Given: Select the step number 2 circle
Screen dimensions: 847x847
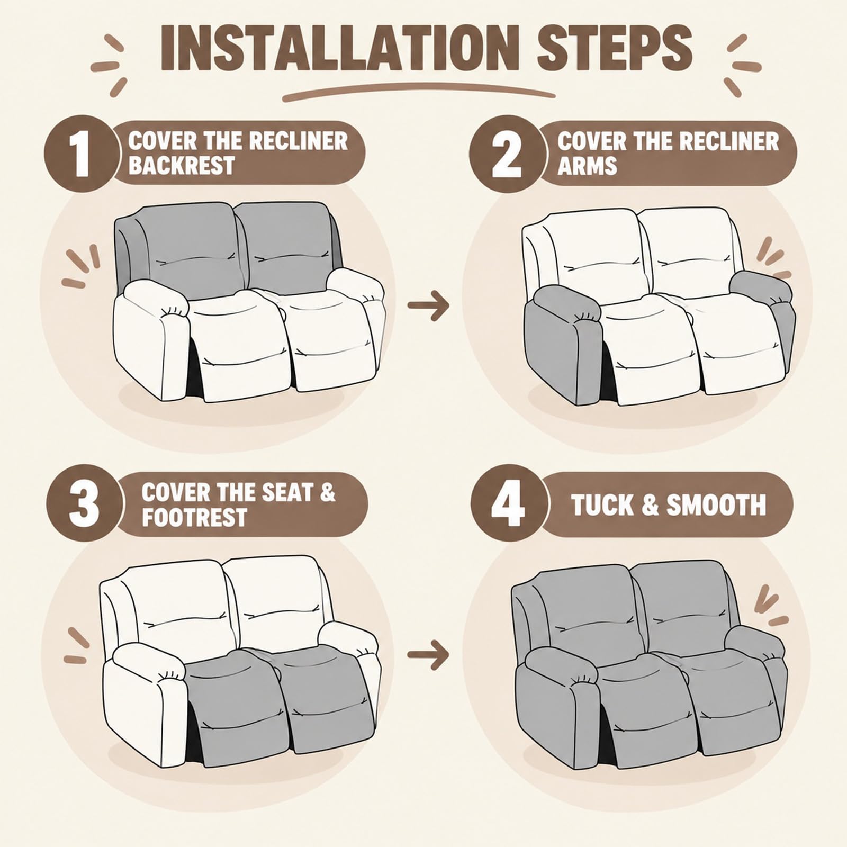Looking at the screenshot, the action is tap(507, 154).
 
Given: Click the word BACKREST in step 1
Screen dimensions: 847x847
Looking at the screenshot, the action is tap(181, 165).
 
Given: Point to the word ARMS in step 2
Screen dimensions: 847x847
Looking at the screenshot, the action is tap(587, 165).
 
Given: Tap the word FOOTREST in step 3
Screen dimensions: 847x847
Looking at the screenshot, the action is tap(194, 517).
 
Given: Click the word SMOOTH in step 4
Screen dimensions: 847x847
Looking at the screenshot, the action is tap(716, 505).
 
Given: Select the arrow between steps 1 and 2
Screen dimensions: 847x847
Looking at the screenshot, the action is tap(428, 305).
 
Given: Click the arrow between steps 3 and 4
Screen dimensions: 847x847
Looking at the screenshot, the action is tap(428, 655).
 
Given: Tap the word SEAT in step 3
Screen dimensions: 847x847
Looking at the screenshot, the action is tap(283, 492).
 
